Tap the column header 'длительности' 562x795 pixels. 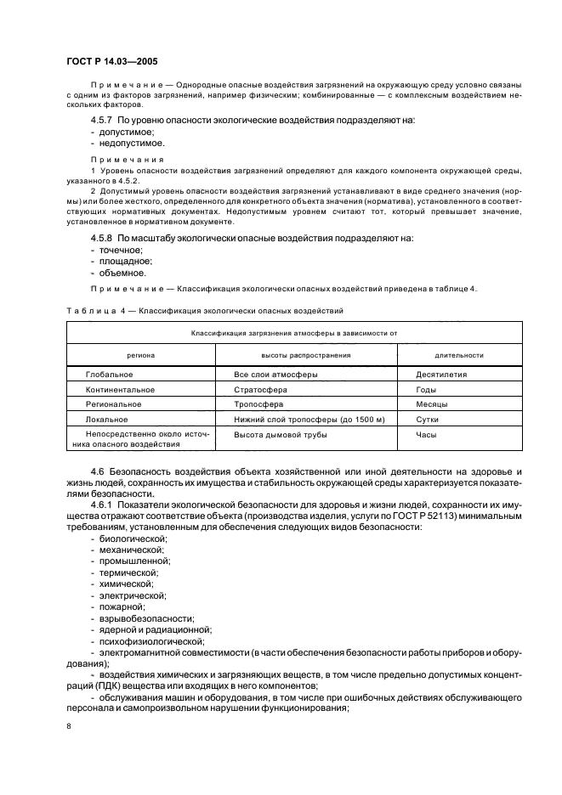coord(459,355)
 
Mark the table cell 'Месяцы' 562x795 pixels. coord(432,404)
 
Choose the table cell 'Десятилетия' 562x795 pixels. coord(441,374)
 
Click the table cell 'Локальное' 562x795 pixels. coord(107,420)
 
